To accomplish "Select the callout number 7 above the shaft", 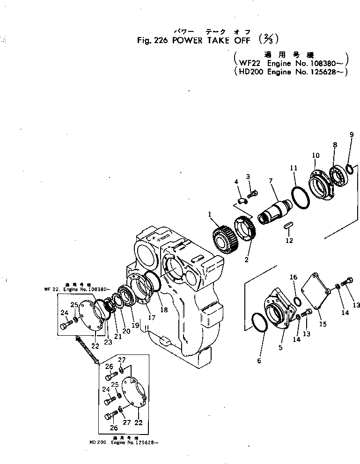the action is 270,180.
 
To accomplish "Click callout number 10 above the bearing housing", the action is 315,155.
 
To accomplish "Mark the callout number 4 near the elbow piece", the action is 236,181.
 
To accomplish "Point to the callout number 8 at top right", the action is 335,145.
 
